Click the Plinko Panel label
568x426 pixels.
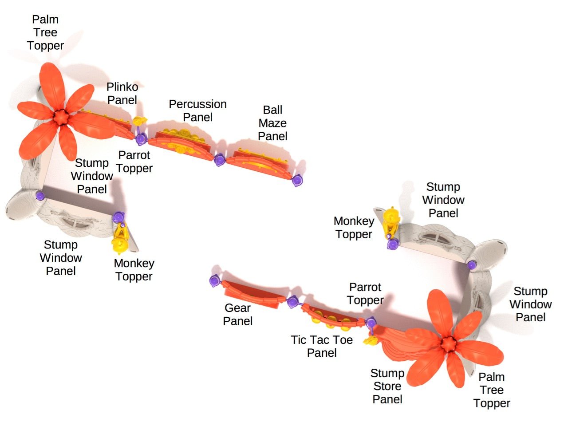tap(122, 94)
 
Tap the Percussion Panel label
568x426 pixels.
tap(197, 110)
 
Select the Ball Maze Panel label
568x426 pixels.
tap(272, 123)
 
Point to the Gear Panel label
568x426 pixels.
tap(237, 314)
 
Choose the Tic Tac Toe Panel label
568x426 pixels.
tap(322, 346)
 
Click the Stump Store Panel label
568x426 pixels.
tap(387, 386)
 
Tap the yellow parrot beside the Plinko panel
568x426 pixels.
tap(139, 121)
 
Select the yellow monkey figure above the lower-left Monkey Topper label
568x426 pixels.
tap(120, 237)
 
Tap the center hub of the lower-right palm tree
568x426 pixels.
tap(448, 343)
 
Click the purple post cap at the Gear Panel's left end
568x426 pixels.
tap(215, 280)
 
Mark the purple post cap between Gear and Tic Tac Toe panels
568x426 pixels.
tap(292, 303)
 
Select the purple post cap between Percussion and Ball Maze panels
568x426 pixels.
tap(219, 160)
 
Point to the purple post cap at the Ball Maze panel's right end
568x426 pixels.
tap(297, 180)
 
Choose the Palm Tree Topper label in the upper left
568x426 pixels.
tap(45, 32)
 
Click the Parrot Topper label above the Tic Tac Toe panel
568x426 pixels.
tap(365, 293)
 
